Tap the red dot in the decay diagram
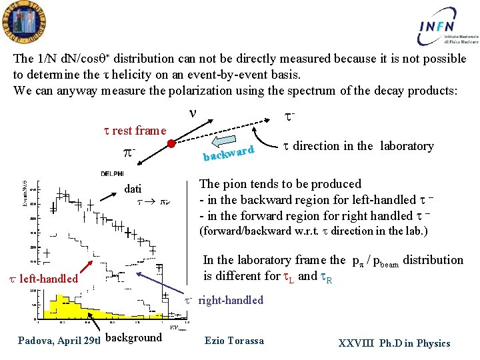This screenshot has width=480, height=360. (x=171, y=143)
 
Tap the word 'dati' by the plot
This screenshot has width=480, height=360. (x=133, y=189)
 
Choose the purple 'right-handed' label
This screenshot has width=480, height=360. (x=230, y=300)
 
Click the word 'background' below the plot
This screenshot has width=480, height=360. (x=133, y=337)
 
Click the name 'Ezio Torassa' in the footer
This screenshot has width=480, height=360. (x=234, y=341)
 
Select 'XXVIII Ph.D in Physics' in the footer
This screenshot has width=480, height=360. (x=394, y=343)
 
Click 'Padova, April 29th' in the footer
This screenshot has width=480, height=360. (x=59, y=341)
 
